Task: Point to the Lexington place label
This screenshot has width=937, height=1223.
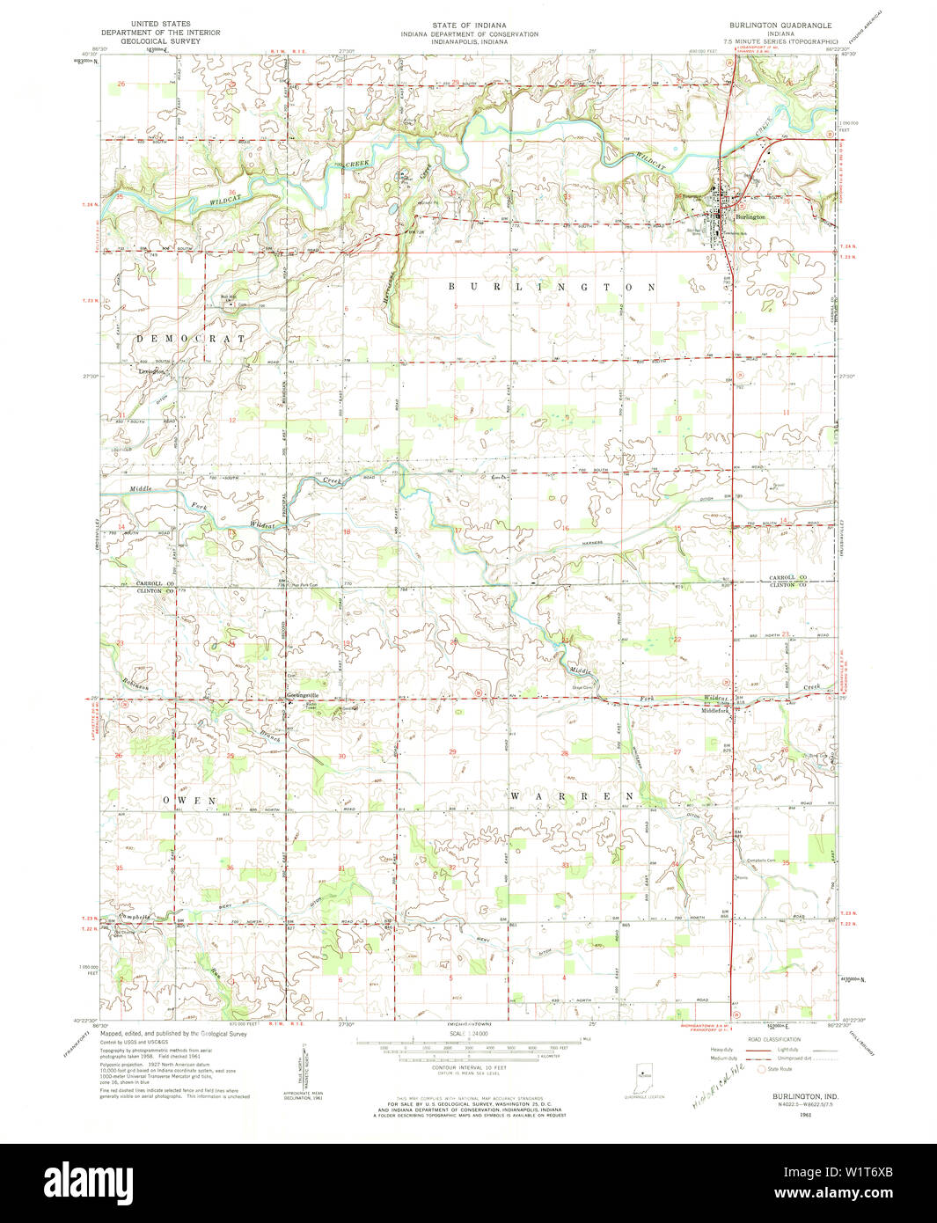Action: pos(151,372)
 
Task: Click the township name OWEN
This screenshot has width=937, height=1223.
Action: pos(189,801)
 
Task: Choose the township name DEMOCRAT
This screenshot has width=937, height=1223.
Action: pos(191,338)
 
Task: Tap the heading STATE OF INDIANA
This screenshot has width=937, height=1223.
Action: pos(469,25)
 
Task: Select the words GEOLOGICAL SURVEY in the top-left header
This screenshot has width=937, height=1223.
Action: pos(161,40)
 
